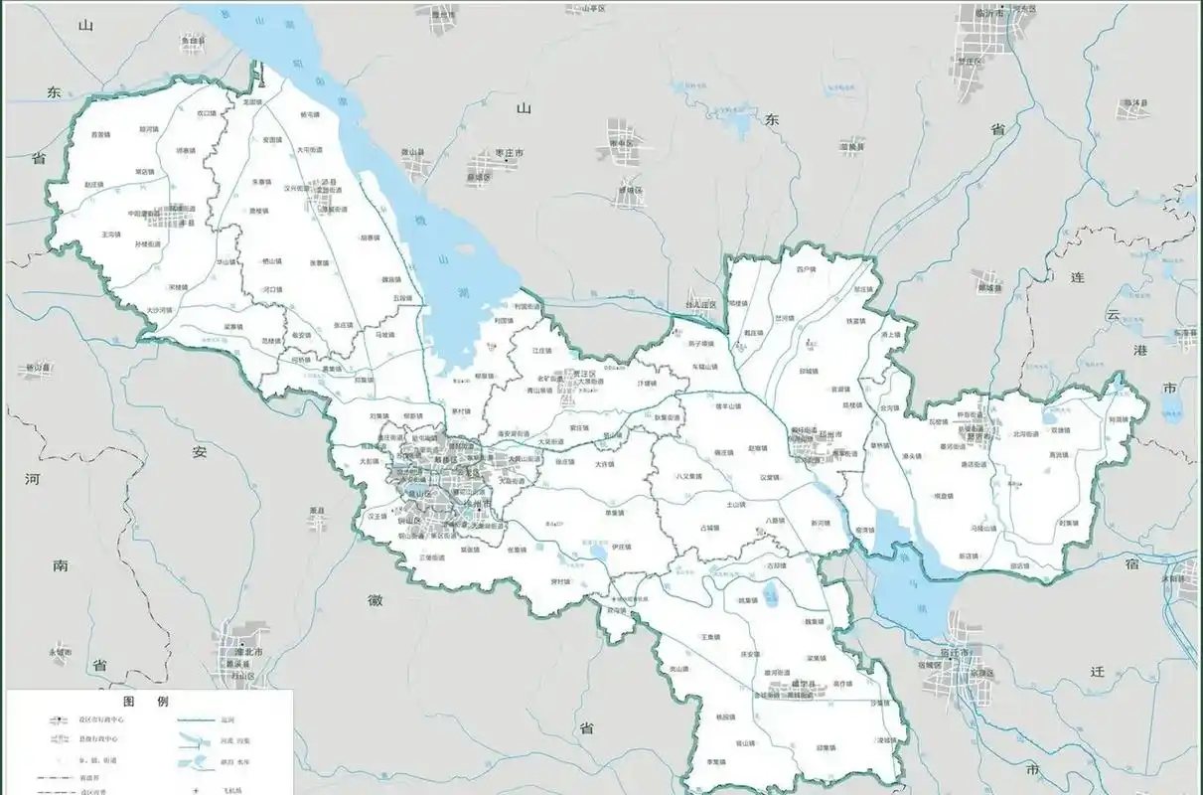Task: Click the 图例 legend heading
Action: click(x=148, y=700)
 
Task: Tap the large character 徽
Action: click(x=375, y=600)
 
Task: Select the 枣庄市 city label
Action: click(x=507, y=152)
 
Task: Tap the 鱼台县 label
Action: click(x=193, y=41)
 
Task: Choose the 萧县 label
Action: click(x=318, y=511)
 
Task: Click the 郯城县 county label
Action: click(x=989, y=288)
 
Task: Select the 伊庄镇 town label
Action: click(x=622, y=547)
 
